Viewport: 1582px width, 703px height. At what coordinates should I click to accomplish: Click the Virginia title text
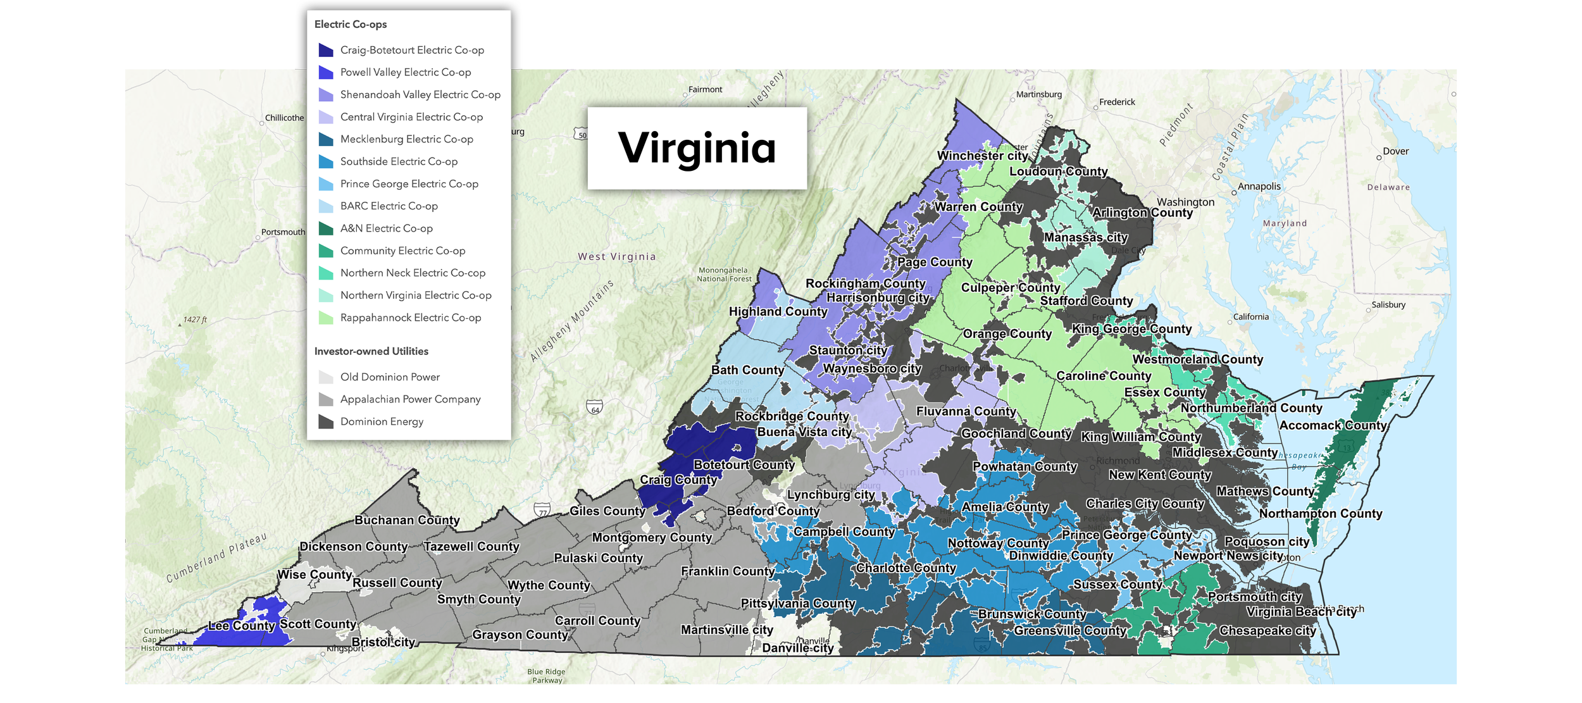696,148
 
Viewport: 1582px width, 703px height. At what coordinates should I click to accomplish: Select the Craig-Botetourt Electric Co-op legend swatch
326,50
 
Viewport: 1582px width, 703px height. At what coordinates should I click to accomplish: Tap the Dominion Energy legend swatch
326,421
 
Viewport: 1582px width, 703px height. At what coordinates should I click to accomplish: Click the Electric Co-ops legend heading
351,25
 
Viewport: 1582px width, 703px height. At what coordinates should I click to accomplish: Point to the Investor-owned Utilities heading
371,351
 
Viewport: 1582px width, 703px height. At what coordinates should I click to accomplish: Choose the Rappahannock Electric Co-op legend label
410,318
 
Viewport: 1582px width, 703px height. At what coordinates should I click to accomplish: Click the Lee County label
242,626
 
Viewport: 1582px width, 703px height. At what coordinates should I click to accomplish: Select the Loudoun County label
1058,171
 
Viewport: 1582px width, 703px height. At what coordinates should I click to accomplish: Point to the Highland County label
778,311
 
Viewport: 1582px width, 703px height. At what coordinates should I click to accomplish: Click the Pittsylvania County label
797,604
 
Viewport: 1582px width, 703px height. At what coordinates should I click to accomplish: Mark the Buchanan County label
407,520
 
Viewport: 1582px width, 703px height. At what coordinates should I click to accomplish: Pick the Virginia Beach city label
1301,612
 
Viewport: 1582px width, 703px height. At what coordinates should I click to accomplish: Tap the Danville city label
797,648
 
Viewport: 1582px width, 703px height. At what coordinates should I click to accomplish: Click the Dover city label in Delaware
1395,151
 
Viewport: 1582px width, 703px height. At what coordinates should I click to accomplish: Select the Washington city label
1185,202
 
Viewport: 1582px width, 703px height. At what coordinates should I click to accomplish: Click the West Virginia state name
616,257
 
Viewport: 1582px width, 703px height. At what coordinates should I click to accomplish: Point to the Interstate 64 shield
594,408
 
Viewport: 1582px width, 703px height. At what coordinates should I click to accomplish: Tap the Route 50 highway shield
582,135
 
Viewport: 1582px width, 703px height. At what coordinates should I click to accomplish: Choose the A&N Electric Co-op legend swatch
326,228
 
